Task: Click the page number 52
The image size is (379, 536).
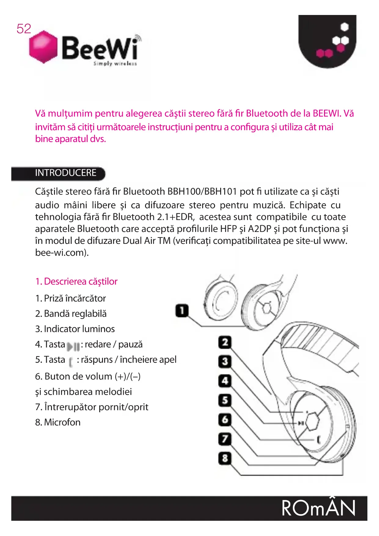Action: coord(24,29)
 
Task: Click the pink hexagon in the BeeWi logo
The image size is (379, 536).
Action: coord(43,47)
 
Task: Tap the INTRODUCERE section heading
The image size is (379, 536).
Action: coord(66,173)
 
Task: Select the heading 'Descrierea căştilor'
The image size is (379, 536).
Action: coord(81,281)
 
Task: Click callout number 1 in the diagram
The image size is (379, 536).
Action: coord(182,311)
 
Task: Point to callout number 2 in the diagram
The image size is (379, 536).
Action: coord(225,342)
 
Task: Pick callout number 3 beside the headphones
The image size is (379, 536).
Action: coord(225,362)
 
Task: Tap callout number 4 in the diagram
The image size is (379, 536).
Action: coord(225,381)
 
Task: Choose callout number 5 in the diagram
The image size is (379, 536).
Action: coord(225,400)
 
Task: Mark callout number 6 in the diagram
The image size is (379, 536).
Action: coord(225,420)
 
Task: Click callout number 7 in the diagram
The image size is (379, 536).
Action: coord(225,439)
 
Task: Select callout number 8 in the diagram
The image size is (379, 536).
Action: coord(225,458)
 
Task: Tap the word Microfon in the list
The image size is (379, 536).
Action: coord(62,422)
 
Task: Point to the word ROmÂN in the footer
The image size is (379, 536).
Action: coord(319,508)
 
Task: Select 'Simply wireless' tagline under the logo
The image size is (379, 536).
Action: coord(115,64)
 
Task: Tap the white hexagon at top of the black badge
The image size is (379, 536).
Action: coord(344,27)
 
